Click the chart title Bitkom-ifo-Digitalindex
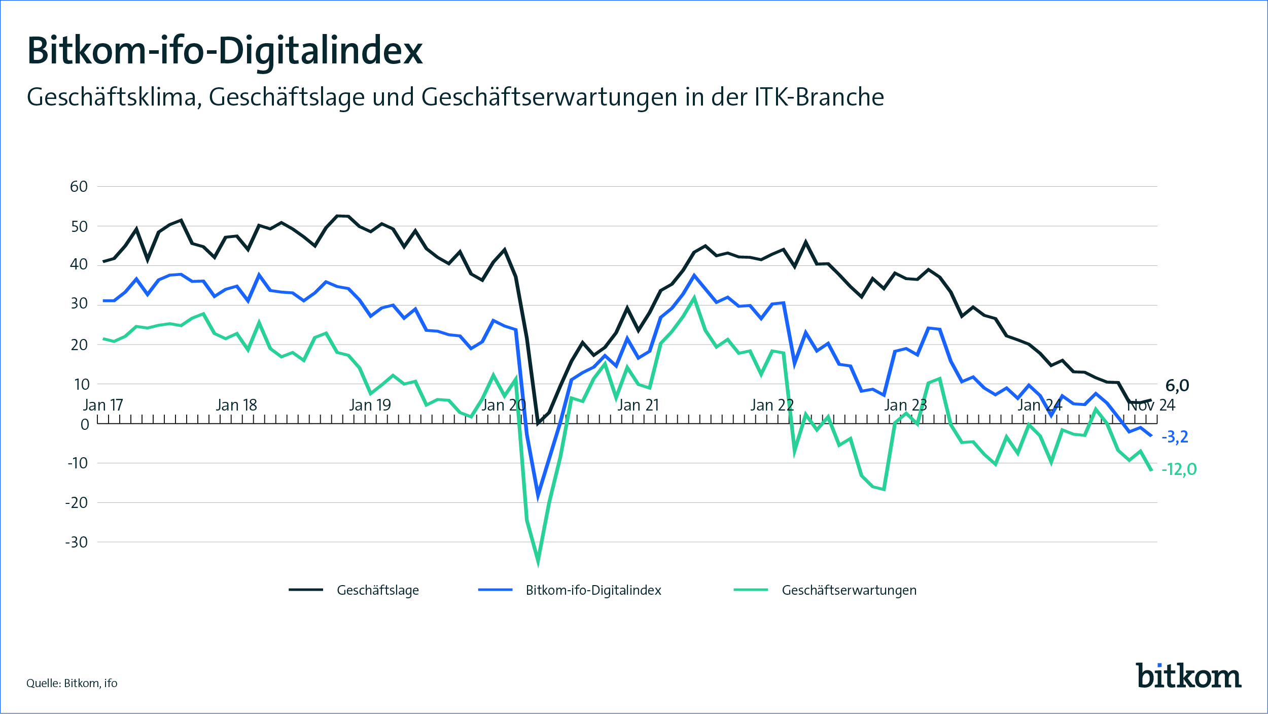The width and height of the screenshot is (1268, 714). (225, 51)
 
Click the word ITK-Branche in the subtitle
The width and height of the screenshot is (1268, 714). (819, 97)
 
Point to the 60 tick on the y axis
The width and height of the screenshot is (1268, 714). (79, 187)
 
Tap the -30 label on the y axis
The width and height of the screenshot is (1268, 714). (77, 542)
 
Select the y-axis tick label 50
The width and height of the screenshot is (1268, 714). (79, 226)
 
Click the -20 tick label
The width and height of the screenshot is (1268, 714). (77, 503)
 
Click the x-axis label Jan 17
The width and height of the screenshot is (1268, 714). (103, 405)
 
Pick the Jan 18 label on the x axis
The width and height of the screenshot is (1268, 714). (236, 405)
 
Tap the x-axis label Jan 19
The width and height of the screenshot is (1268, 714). (370, 405)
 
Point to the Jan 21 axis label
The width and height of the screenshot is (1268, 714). (638, 405)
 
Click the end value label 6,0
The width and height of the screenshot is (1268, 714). (1177, 386)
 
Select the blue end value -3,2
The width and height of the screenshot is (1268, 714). (1175, 436)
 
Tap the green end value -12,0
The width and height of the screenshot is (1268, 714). (1179, 469)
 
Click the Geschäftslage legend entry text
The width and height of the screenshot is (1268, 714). (378, 590)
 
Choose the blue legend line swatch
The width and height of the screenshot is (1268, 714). (495, 590)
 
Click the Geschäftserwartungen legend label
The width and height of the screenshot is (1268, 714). (849, 590)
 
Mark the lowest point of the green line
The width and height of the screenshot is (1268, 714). (538, 562)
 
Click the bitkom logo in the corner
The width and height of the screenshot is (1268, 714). (1188, 676)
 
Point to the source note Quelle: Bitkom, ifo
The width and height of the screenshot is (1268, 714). (72, 683)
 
